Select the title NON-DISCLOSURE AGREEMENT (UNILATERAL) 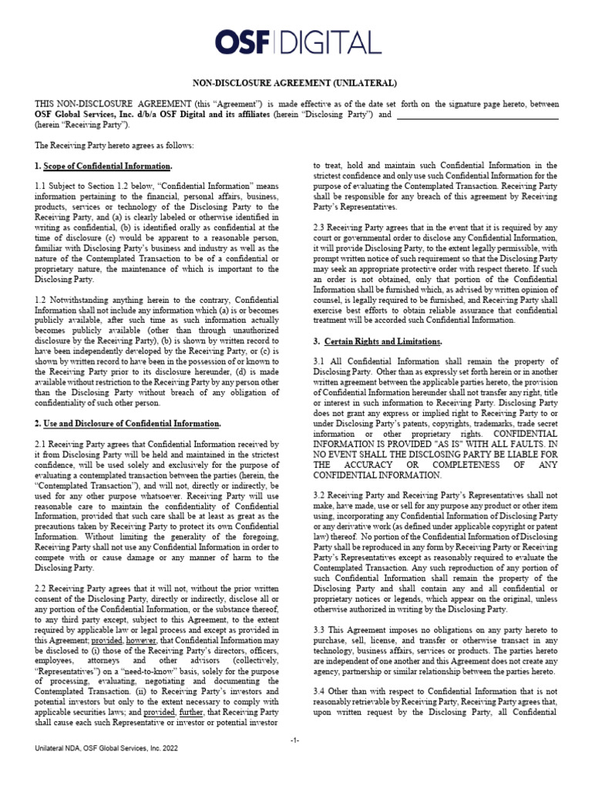point(295,82)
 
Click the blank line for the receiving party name point(477,115)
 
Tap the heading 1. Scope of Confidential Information point(104,166)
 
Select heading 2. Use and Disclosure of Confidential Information point(128,424)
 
